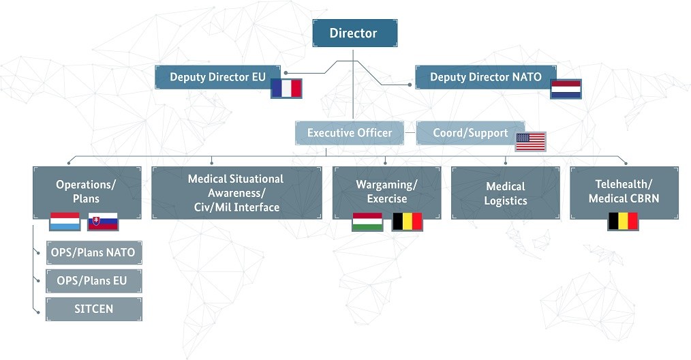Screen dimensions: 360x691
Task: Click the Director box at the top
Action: pyautogui.click(x=354, y=33)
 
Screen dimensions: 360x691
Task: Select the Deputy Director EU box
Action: pyautogui.click(x=217, y=77)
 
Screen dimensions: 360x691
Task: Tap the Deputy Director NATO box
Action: pyautogui.click(x=485, y=77)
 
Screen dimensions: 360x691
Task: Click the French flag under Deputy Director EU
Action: pyautogui.click(x=286, y=89)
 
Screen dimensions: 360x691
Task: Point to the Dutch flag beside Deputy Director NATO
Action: pyautogui.click(x=566, y=89)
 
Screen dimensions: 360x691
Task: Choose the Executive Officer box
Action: pyautogui.click(x=350, y=133)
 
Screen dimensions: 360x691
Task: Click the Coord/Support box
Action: pyautogui.click(x=470, y=133)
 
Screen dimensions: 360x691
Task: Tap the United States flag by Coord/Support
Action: pyautogui.click(x=530, y=142)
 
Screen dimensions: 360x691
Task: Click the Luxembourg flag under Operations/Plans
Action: pyautogui.click(x=65, y=222)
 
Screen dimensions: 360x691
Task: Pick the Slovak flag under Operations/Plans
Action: pyautogui.click(x=102, y=222)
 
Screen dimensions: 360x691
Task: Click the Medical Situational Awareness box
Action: pyautogui.click(x=236, y=192)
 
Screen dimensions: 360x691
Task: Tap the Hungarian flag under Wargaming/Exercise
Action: pyautogui.click(x=367, y=222)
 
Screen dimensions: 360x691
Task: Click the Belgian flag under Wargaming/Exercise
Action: pyautogui.click(x=407, y=222)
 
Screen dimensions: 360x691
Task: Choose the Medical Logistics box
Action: pyautogui.click(x=505, y=193)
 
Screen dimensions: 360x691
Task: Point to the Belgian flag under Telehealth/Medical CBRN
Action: pyautogui.click(x=623, y=221)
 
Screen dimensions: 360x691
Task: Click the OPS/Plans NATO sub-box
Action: pyautogui.click(x=93, y=253)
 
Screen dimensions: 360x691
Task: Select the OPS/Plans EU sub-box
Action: pyautogui.click(x=93, y=281)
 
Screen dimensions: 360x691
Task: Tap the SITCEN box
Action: pyautogui.click(x=93, y=309)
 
